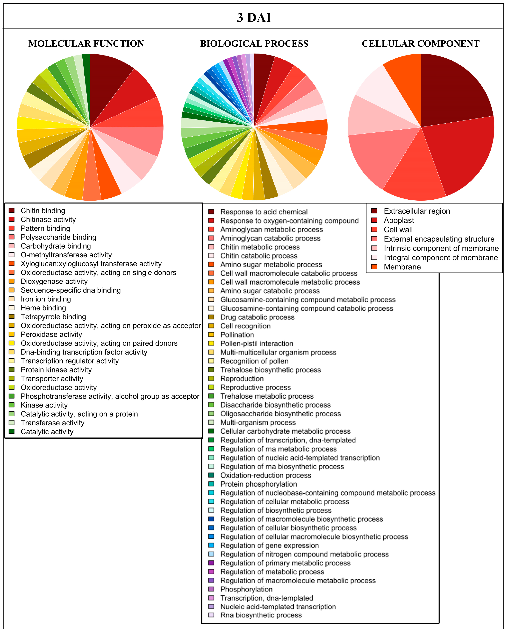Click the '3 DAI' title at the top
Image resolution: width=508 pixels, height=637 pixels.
pyautogui.click(x=254, y=18)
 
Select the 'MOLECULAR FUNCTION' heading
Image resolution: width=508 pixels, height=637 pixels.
pyautogui.click(x=86, y=44)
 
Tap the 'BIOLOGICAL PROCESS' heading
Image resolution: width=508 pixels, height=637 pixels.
pyautogui.click(x=254, y=44)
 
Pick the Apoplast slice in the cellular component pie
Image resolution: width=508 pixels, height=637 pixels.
pyautogui.click(x=461, y=154)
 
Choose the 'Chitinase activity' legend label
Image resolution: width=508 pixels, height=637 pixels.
pyautogui.click(x=48, y=219)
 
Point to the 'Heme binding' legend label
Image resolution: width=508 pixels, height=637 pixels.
pyautogui.click(x=43, y=308)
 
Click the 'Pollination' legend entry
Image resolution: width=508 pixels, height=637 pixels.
pyautogui.click(x=237, y=335)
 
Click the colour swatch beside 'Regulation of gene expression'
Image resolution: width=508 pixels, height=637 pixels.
pyautogui.click(x=211, y=545)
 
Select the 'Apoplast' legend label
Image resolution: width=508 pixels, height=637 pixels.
pyautogui.click(x=399, y=220)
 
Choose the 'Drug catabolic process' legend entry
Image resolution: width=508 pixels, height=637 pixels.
pyautogui.click(x=257, y=317)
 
